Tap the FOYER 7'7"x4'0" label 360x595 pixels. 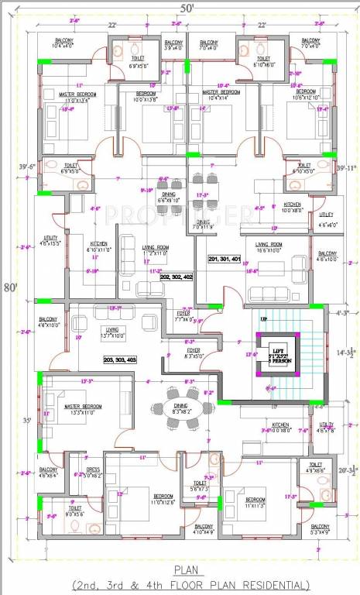pyautogui.click(x=184, y=316)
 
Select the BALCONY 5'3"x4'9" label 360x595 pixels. pyautogui.click(x=321, y=529)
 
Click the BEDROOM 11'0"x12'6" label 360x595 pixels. pyautogui.click(x=163, y=499)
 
